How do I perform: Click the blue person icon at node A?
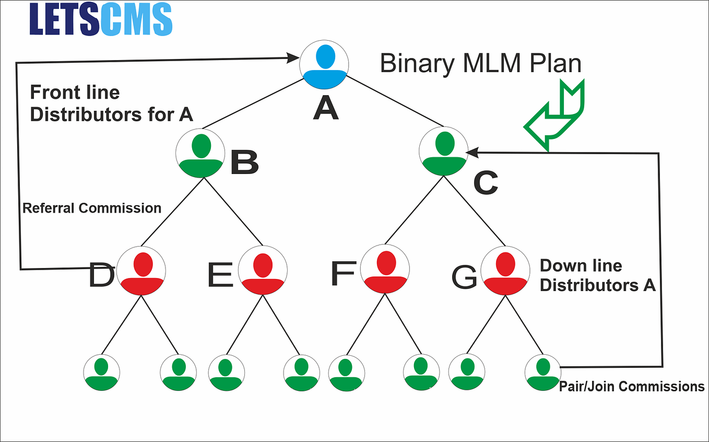pos(324,65)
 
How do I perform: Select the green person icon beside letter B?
pos(200,152)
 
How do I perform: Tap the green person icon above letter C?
pos(444,151)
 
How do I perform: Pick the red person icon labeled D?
pos(141,270)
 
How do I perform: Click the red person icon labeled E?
pos(263,270)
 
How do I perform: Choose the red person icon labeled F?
pos(385,270)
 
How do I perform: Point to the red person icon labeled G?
pos(505,270)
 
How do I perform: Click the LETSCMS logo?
pos(101,20)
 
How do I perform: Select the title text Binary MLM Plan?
pos(480,64)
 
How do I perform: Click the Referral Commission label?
pos(92,208)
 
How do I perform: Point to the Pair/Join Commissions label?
pos(632,387)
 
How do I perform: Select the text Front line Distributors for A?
pos(111,103)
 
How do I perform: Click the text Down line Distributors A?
pos(597,275)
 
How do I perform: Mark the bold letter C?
pos(486,182)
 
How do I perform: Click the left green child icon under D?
pos(102,372)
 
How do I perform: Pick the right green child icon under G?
pos(542,372)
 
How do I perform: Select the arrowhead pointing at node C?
pos(473,153)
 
